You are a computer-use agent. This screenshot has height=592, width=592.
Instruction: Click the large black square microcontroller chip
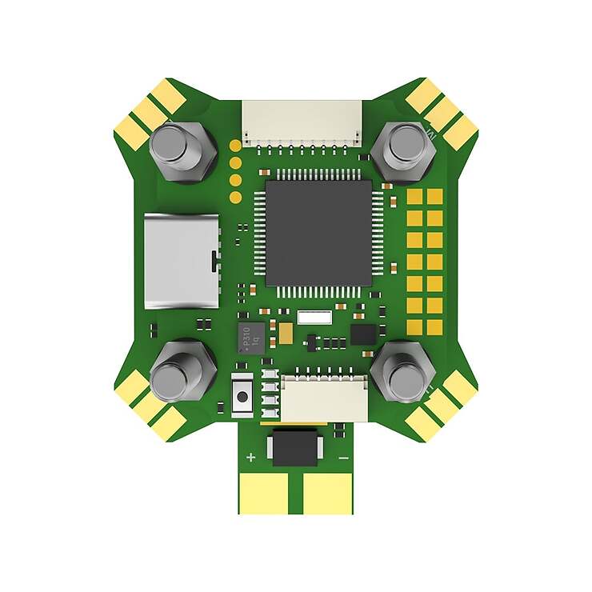point(318,233)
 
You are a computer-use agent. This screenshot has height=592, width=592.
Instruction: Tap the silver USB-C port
point(182,261)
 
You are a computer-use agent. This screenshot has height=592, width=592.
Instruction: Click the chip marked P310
point(251,338)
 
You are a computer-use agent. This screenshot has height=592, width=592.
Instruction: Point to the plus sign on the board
point(250,458)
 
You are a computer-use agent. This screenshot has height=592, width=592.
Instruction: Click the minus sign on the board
point(342,458)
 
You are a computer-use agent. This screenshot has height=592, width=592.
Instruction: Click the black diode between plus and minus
point(297,447)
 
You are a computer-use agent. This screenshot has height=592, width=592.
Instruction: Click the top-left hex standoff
point(182,150)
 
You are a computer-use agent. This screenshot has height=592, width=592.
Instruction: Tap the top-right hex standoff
point(406,150)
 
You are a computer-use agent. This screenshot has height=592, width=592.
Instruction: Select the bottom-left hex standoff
point(182,373)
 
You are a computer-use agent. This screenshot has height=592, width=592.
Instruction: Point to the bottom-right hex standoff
point(403,373)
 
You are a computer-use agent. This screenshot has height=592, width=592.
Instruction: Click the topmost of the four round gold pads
point(235,146)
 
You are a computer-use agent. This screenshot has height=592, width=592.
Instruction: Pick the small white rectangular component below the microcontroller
point(314,317)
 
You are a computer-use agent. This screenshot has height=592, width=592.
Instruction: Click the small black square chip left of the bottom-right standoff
point(362,334)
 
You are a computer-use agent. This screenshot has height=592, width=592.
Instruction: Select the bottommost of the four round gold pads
point(235,197)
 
